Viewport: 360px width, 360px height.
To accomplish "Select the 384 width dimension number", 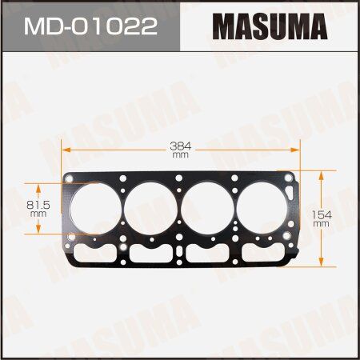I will pos(180,146).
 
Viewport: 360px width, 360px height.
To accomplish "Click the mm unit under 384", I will pos(180,155).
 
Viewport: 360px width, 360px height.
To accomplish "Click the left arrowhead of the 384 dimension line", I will pos(67,150).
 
